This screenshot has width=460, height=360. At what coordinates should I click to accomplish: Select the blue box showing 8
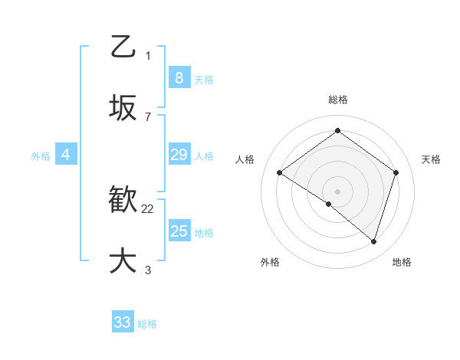(179, 77)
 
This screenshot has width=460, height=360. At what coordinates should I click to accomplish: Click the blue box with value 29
(179, 155)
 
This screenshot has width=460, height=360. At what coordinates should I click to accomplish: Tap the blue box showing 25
(179, 231)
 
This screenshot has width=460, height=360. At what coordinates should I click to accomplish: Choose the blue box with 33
(123, 322)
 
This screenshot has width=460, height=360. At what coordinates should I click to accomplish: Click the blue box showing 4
(66, 155)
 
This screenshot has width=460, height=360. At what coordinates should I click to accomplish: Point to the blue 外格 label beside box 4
(41, 155)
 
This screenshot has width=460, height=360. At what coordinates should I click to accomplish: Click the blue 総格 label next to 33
(148, 324)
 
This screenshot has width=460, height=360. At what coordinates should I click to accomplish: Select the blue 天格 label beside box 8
(204, 79)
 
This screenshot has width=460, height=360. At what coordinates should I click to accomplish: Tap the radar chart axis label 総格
(337, 100)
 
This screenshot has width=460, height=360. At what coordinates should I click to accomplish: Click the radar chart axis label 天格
(431, 159)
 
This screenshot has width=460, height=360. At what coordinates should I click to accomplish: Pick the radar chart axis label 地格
(402, 262)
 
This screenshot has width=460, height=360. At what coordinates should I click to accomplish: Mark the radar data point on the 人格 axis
(280, 173)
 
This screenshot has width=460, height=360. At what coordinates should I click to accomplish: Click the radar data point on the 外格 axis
(329, 204)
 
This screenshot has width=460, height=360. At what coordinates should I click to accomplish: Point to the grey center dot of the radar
(337, 191)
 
